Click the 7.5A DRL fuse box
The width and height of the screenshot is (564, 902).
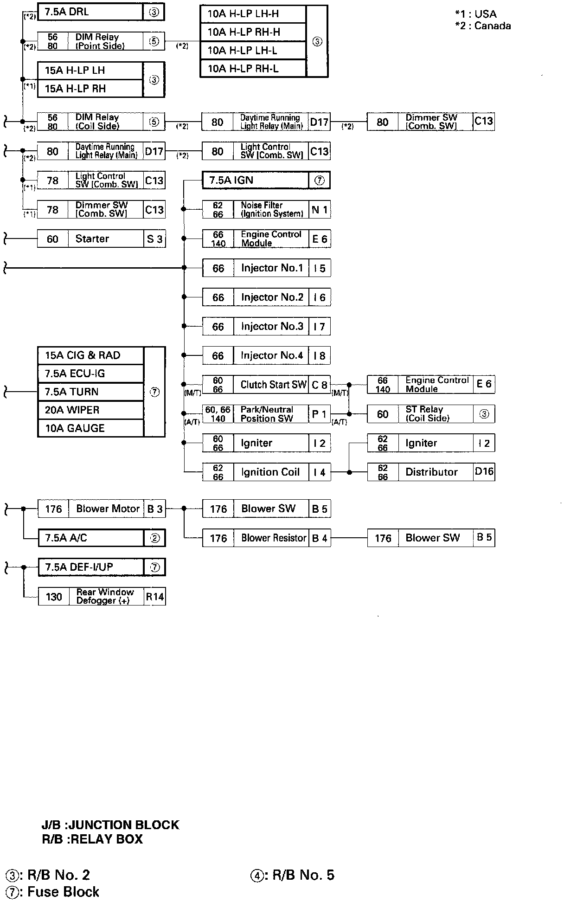[x=90, y=12]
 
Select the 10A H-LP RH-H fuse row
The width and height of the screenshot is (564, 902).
[x=253, y=32]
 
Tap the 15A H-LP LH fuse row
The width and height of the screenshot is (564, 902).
[x=90, y=71]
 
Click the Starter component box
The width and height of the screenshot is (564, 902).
[x=101, y=239]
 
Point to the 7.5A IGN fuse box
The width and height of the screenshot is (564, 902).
[x=255, y=180]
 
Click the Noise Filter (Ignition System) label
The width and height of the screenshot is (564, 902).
[x=271, y=210]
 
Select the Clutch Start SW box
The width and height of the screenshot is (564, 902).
[x=266, y=385]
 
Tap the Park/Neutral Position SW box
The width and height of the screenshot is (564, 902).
[x=266, y=414]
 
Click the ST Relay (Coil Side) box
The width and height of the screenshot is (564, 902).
[x=430, y=414]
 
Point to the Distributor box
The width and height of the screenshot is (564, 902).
[x=430, y=472]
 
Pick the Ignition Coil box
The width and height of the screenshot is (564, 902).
[x=266, y=472]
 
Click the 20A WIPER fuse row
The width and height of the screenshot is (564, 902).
[x=90, y=410]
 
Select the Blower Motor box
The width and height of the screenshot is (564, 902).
[x=101, y=509]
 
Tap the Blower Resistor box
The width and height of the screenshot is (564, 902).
[x=266, y=538]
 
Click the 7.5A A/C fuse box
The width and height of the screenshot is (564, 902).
[x=90, y=538]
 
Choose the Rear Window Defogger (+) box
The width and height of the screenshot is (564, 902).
[x=101, y=597]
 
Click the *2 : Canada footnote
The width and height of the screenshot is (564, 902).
[x=483, y=26]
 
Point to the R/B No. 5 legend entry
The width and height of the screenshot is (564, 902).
[x=293, y=875]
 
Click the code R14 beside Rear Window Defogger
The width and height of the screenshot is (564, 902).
[x=155, y=597]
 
